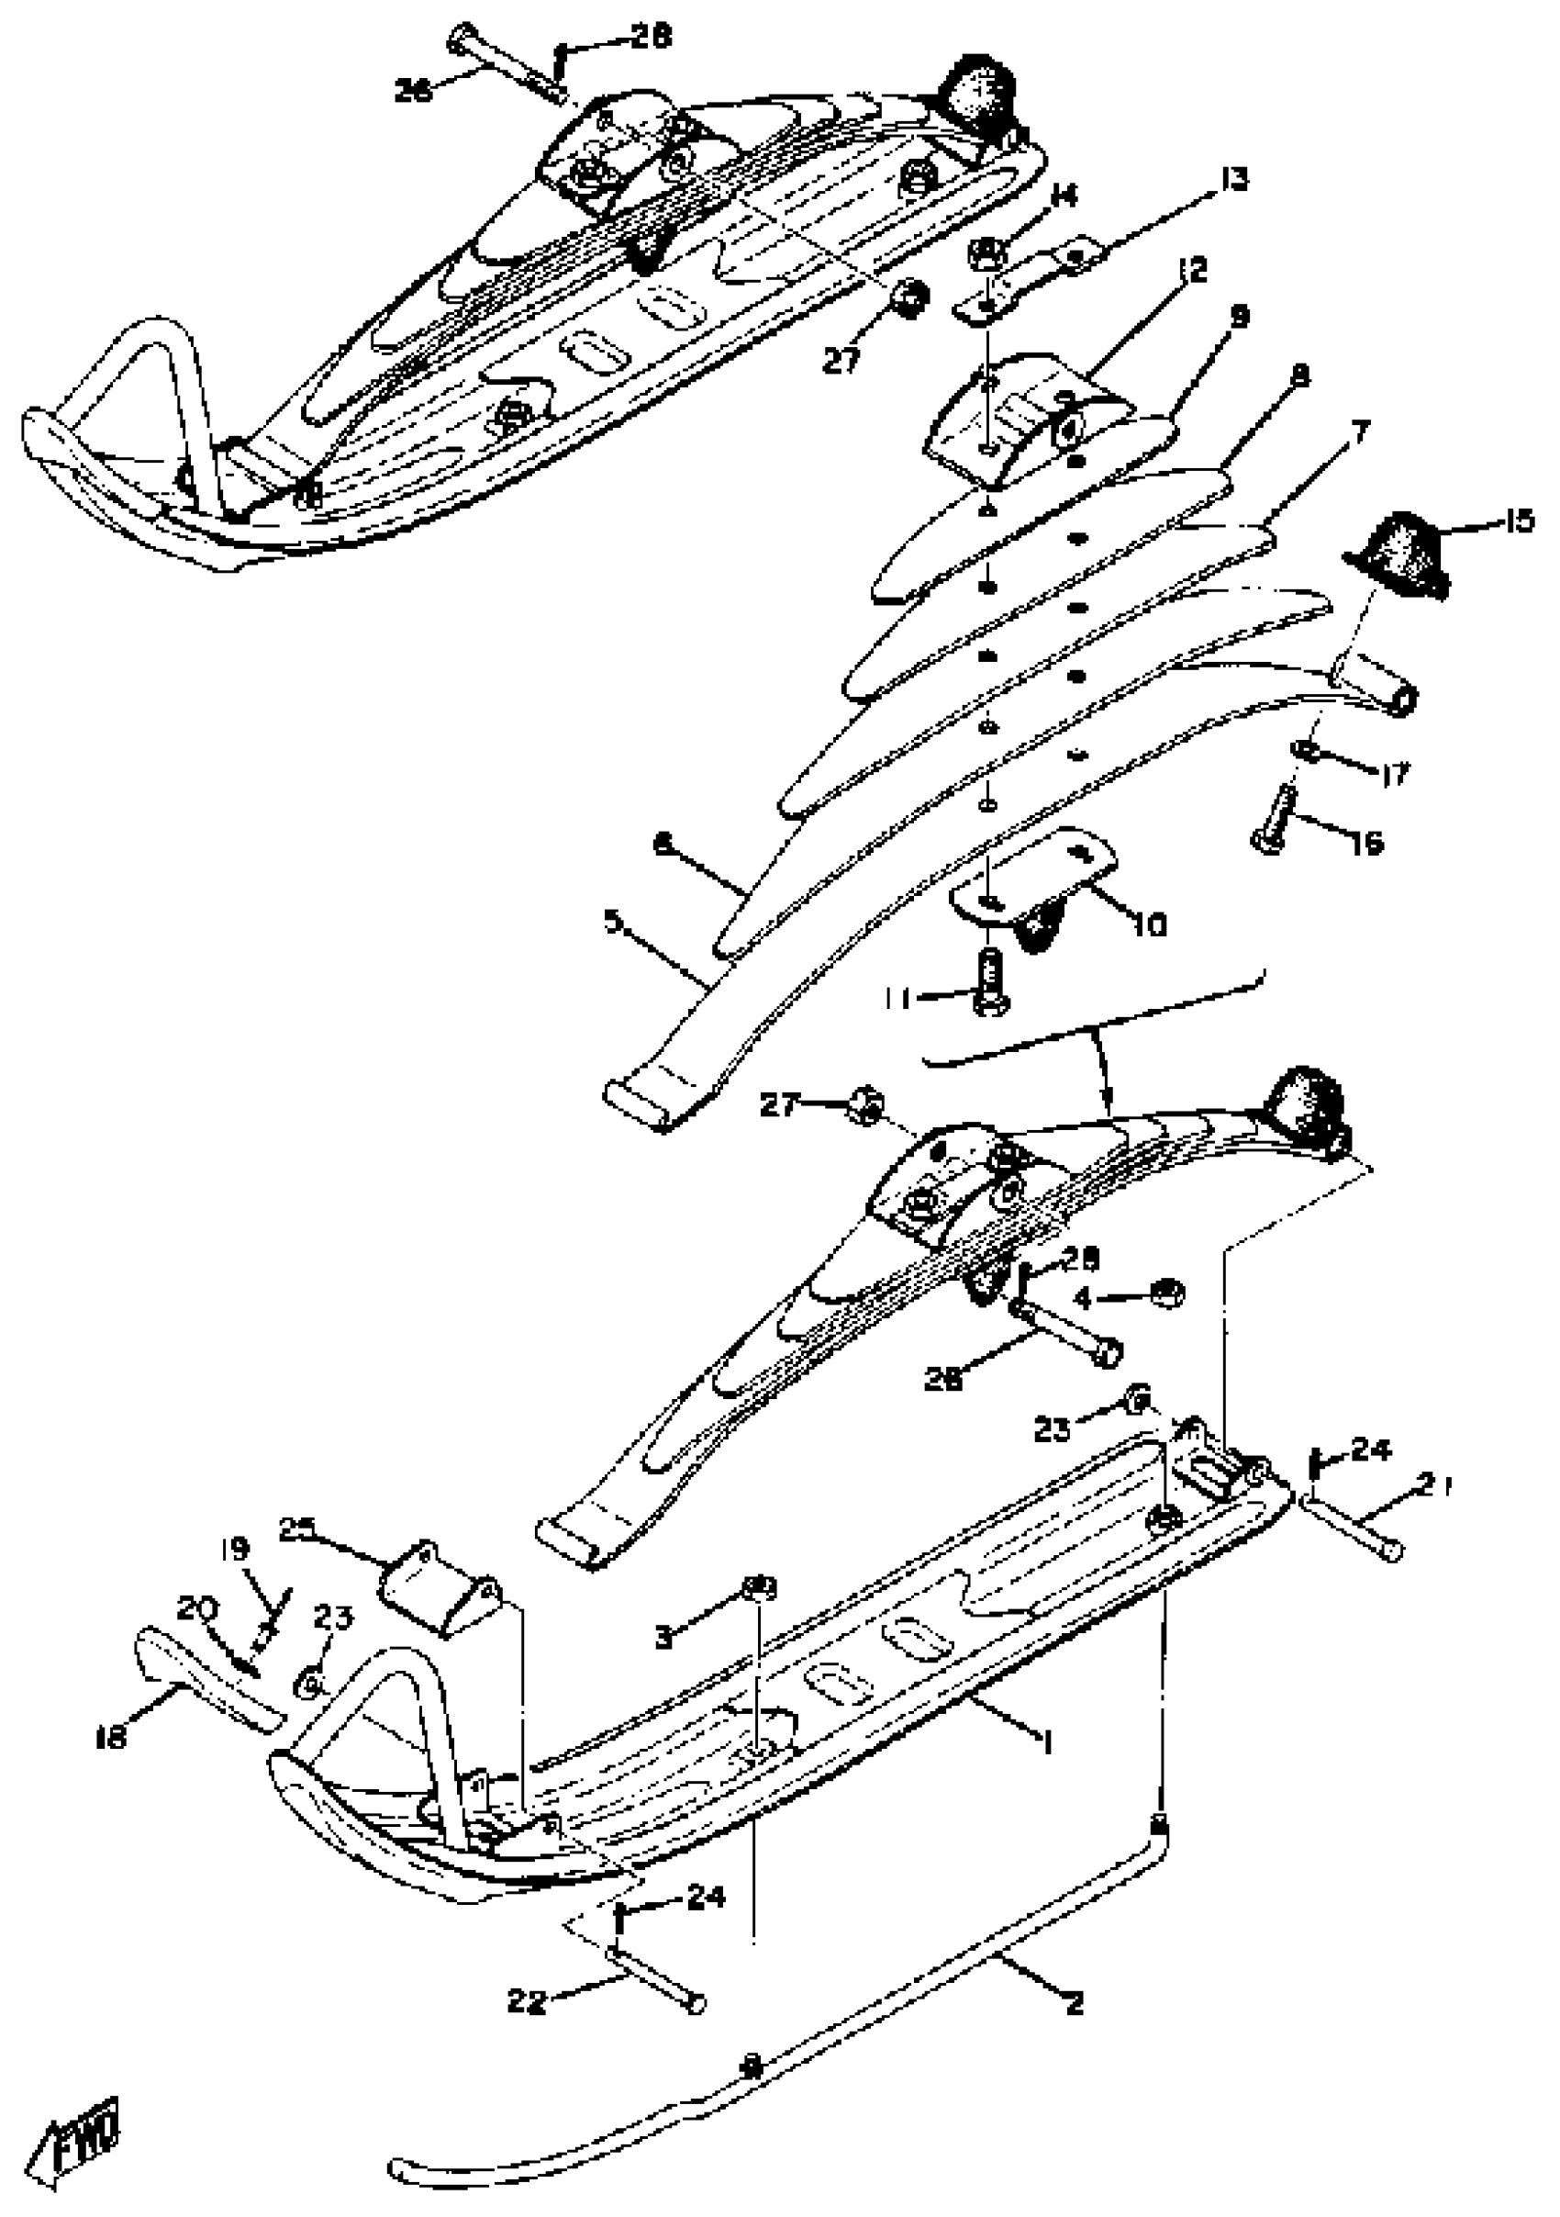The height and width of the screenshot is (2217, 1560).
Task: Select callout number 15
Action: (x=1517, y=522)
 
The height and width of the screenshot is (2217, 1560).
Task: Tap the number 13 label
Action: (x=1231, y=180)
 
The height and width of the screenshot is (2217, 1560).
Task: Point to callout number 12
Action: (x=1193, y=271)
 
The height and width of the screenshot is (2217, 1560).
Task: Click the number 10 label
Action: (x=1150, y=925)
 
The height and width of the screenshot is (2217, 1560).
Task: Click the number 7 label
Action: (x=1359, y=432)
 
